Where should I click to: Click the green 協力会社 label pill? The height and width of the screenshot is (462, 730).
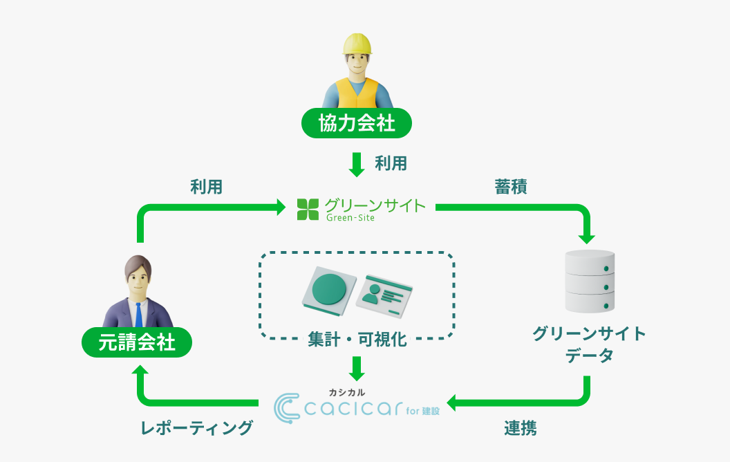tap(356, 123)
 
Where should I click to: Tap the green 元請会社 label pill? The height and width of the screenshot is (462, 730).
tap(136, 342)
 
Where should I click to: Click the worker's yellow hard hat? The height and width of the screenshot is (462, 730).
tap(357, 44)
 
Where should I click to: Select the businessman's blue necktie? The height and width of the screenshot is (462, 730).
tap(139, 315)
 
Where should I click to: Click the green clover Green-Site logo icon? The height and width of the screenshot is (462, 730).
tap(308, 209)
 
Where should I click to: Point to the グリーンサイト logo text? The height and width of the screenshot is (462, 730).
tap(375, 205)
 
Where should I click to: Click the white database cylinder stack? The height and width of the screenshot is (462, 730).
tap(590, 281)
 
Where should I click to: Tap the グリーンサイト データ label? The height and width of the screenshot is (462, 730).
tap(589, 344)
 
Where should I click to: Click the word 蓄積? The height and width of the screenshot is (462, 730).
tap(511, 187)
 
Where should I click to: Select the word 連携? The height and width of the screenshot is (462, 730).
tap(520, 428)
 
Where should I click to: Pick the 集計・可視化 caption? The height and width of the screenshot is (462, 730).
tap(357, 340)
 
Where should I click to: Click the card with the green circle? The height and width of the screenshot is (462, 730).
tap(329, 287)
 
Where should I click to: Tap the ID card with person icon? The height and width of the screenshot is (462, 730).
tap(384, 293)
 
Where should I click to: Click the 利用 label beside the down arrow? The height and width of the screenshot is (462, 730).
tap(391, 163)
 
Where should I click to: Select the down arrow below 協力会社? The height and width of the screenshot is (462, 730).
tap(357, 164)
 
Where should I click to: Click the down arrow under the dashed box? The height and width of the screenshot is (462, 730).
tap(357, 368)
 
